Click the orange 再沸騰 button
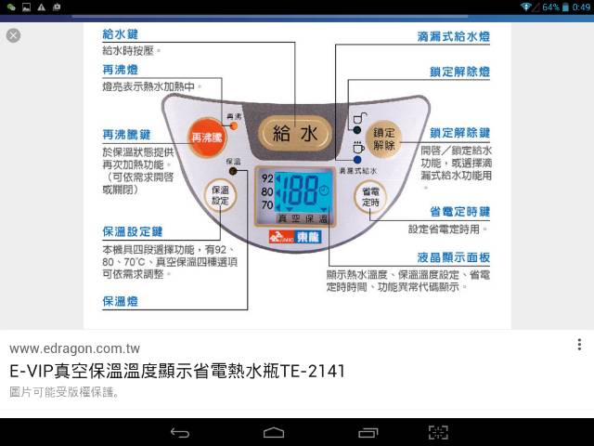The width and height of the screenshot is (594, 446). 206,137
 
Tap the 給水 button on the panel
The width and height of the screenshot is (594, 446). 295,133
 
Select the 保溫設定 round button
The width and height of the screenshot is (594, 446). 220,195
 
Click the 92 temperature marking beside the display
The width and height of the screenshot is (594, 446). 267,177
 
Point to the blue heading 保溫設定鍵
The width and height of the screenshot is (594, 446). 133,232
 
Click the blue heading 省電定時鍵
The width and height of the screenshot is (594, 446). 459,212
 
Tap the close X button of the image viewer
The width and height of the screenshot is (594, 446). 13,35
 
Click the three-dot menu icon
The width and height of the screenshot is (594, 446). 580,345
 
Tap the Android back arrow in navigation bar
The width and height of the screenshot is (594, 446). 180,432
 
